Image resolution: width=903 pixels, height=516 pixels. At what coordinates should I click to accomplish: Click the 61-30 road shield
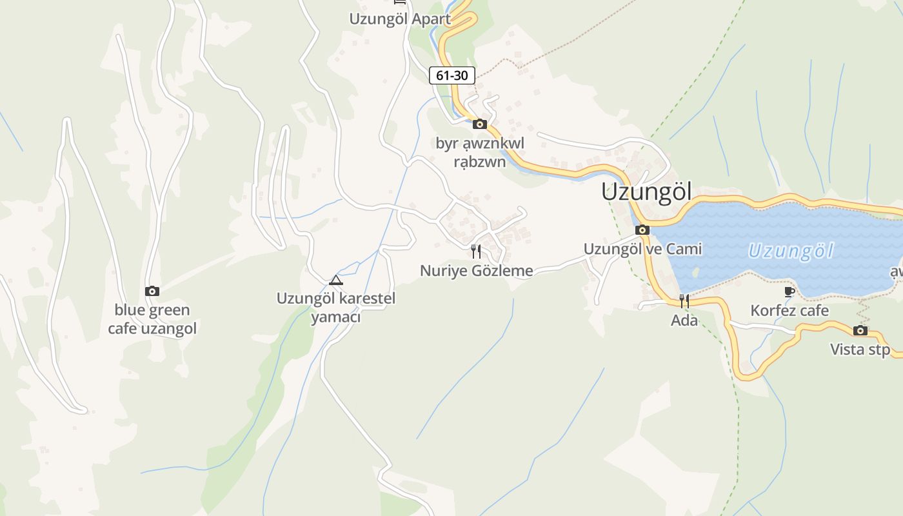[x=451, y=75]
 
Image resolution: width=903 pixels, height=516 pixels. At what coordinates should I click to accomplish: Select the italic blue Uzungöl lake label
[x=791, y=251]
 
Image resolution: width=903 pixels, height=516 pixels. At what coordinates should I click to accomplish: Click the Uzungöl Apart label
[x=400, y=19]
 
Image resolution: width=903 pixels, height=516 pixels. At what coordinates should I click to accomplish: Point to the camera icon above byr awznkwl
[x=479, y=124]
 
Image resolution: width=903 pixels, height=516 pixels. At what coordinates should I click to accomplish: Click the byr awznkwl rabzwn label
[x=480, y=152]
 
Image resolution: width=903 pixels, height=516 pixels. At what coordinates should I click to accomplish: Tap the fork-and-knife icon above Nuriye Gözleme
[x=476, y=251]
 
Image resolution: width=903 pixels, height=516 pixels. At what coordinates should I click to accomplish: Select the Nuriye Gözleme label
[x=476, y=271]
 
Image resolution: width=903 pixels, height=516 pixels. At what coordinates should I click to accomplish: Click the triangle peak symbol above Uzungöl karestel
[x=335, y=280]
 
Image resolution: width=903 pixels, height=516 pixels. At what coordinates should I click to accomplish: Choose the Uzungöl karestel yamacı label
[x=335, y=308]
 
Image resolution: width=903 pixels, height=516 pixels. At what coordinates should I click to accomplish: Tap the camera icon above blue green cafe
[x=152, y=291]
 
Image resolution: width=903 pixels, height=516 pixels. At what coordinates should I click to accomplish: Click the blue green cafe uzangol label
[x=152, y=319]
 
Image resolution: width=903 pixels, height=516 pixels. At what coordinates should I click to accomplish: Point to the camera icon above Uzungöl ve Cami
[x=642, y=230]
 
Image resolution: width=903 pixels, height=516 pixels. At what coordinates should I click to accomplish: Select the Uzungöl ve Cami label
[x=642, y=249]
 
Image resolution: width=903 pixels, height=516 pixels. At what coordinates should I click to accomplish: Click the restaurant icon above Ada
[x=684, y=301]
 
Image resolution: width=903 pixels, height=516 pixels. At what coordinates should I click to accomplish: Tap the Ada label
[x=684, y=320]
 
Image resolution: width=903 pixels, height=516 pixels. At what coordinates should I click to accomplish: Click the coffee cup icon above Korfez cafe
[x=789, y=292]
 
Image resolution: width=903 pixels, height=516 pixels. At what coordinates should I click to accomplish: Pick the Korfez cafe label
[x=789, y=311]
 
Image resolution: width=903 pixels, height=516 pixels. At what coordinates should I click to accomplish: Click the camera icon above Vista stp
[x=860, y=331]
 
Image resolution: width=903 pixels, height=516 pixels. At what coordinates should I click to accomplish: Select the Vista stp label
[x=860, y=350]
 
